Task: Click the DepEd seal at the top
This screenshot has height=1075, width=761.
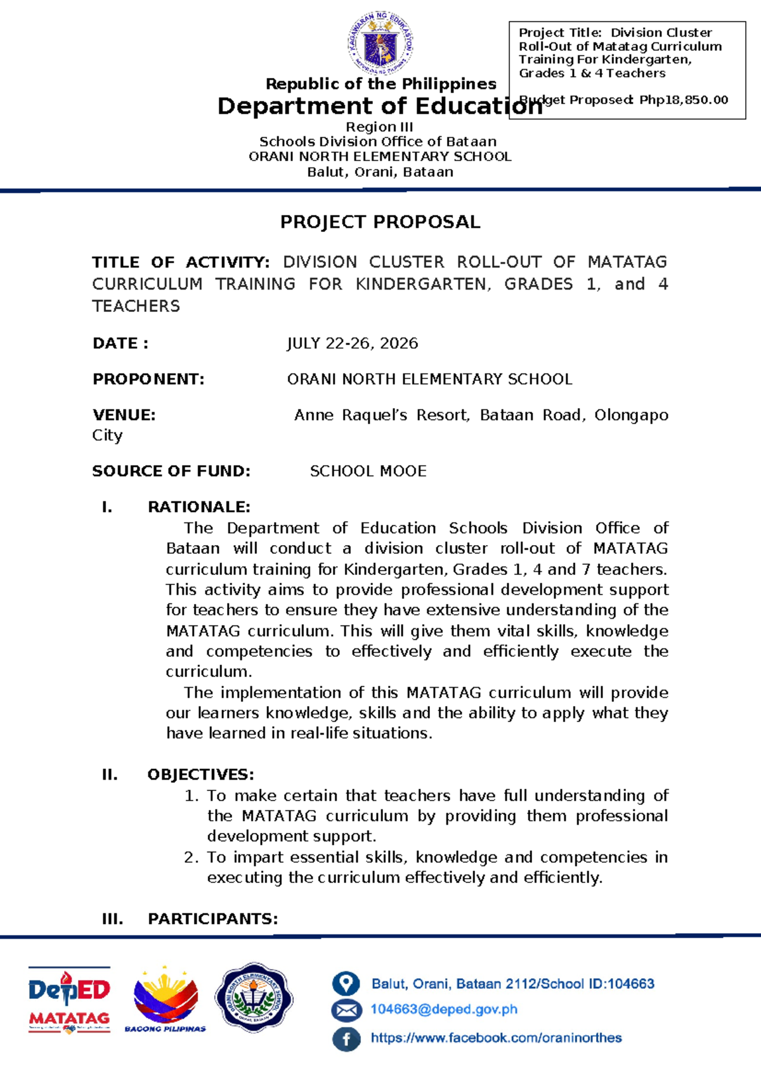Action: point(380,44)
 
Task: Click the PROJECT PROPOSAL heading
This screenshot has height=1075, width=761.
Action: point(380,222)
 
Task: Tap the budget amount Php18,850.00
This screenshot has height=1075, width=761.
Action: point(684,100)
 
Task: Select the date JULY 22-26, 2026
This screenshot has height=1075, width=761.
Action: point(353,344)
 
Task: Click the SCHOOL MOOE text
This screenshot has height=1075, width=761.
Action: point(368,471)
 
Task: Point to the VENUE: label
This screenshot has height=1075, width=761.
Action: point(124,415)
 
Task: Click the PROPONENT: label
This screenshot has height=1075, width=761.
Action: point(148,379)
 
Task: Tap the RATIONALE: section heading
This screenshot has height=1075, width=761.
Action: point(198,507)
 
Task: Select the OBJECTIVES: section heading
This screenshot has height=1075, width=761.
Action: point(200,775)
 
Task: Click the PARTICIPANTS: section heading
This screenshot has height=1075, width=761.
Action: point(212,919)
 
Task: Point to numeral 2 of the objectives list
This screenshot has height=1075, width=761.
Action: point(191,858)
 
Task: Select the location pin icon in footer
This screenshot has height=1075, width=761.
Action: point(346,984)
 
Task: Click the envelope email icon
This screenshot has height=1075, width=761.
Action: point(346,1010)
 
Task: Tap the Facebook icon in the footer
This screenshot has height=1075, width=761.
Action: point(346,1038)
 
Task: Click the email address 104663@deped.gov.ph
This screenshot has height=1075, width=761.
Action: point(444,1010)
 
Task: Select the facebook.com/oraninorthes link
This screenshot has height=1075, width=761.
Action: point(496,1038)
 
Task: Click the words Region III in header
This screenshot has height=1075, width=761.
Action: point(379,127)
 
